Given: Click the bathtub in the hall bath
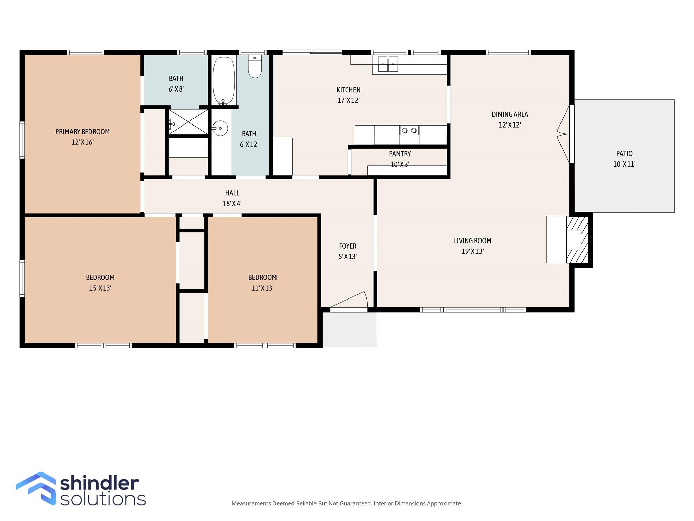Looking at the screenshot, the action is [224, 80].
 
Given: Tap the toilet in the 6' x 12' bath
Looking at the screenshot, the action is [255, 66].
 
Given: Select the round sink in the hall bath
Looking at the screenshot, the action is [220, 128].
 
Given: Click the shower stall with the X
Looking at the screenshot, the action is [188, 122].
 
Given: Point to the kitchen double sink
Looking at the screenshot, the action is [388, 64].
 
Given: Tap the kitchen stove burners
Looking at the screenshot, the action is [409, 130].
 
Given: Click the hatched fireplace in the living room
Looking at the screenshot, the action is [577, 240].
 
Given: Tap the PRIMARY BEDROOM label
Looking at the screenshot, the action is [82, 132].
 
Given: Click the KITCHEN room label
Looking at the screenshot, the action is [348, 90].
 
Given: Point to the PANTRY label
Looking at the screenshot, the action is [400, 154].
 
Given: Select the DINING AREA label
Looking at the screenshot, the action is [510, 114].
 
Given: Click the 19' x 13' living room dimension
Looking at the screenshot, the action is [472, 251].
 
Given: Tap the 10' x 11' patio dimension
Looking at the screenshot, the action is [624, 164].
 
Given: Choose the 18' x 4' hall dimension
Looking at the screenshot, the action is [232, 204].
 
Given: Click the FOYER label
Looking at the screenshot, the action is [348, 246].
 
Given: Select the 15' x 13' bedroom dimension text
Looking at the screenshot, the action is [100, 288].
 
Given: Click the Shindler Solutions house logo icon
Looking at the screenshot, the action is [36, 488].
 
